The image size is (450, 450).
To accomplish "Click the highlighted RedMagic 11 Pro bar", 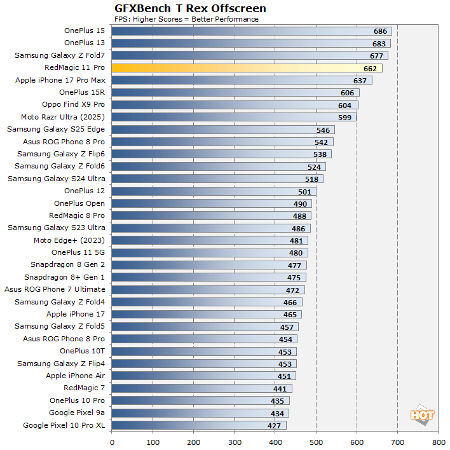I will coord(247,68).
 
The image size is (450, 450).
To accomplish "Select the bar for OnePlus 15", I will coord(251,31).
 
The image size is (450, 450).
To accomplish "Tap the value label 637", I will coord(360,81).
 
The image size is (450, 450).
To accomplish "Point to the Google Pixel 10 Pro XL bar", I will coord(198,425).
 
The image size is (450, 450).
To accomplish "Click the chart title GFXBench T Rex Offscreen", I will coord(190,8).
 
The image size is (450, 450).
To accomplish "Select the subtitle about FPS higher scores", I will coord(186,19).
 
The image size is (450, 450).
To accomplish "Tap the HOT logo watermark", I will coord(423,415).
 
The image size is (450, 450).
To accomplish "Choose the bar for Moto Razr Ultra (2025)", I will coord(234,117).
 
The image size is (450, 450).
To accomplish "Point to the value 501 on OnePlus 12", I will coord(306,191).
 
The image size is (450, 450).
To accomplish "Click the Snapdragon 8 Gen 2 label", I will coord(67,265).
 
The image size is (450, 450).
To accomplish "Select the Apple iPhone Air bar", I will coord(203,376).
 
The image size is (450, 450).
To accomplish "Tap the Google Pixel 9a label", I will coord(77,413).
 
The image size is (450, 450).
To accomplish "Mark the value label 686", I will coord(381,31).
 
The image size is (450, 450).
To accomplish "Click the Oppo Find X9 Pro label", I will coord(74,105).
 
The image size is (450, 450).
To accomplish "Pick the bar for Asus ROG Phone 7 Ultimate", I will coord(208,290).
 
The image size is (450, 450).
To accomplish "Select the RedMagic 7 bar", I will coord(201,388).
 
